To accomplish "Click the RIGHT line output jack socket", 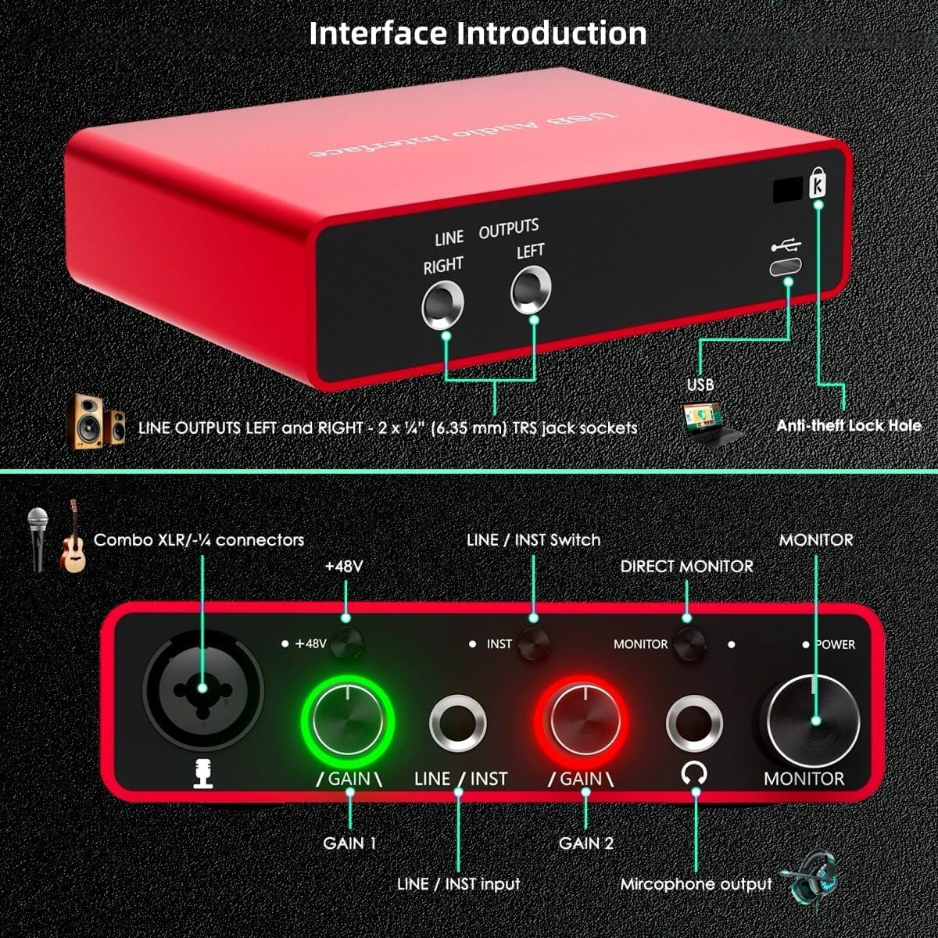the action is pos(442,306).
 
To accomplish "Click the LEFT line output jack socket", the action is pos(531,290).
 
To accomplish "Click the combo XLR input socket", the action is pos(202,688).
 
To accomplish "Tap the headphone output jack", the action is pos(694,723).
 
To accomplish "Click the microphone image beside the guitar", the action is pos(38,538).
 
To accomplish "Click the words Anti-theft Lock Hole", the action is pos(848,426).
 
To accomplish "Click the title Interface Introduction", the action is pos(478,33).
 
